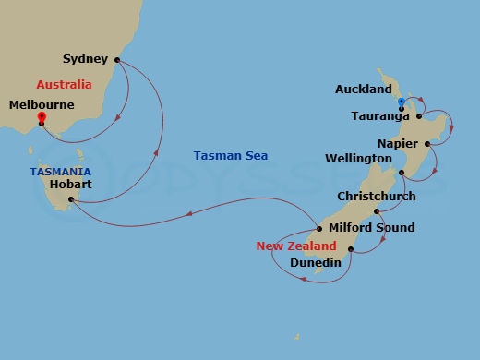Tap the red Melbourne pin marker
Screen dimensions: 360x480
tap(42, 117)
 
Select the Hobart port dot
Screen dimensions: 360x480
tap(70, 198)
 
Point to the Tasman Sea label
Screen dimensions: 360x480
tap(231, 155)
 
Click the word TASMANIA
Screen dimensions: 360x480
tap(60, 172)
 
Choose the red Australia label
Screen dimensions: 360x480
tap(64, 85)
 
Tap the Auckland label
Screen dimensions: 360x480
tap(363, 90)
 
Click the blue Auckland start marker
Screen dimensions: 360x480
tap(402, 102)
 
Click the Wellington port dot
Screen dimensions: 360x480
tap(401, 173)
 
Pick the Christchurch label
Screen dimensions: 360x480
tap(377, 196)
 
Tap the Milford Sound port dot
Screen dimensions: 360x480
tap(318, 228)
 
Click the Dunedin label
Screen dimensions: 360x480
tap(315, 263)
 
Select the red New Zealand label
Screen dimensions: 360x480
tap(295, 246)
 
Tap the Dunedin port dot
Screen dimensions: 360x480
tap(351, 248)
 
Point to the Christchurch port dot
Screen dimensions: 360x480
tap(377, 211)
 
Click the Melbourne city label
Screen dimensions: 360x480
tap(42, 106)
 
